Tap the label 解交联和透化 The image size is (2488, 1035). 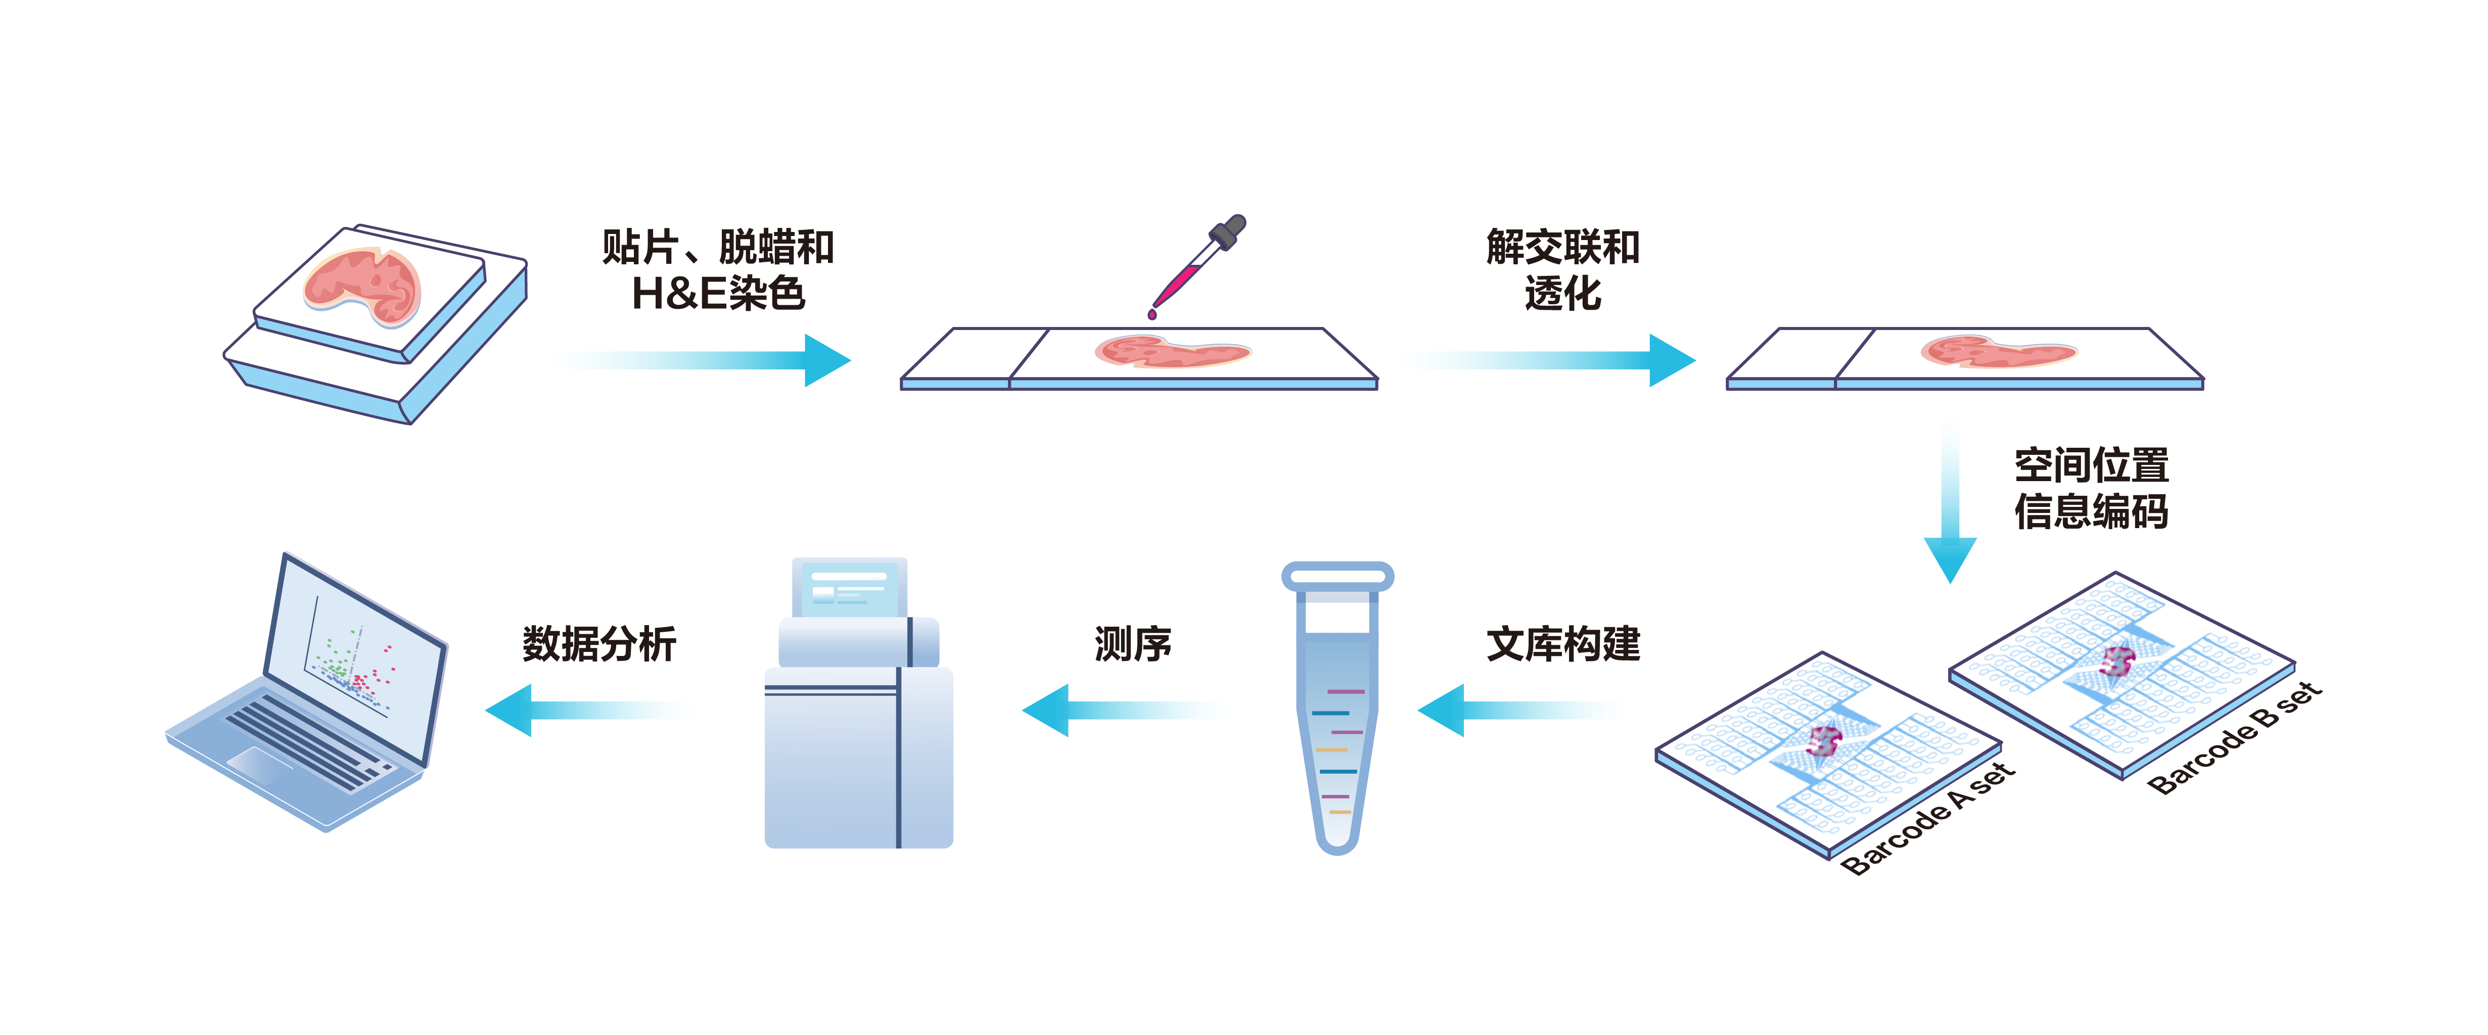tap(1563, 270)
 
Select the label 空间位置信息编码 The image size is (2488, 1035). tap(2091, 489)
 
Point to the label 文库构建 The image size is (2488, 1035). tap(1563, 644)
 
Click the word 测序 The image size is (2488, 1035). tap(1133, 644)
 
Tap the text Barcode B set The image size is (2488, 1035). tap(2234, 738)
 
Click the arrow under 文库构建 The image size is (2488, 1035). tap(1516, 711)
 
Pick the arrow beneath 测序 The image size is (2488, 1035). tap(1120, 711)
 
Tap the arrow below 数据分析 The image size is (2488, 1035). tap(584, 711)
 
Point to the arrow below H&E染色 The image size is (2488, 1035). tap(705, 360)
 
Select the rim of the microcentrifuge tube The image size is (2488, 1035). tap(1338, 577)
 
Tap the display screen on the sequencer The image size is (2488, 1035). tap(849, 587)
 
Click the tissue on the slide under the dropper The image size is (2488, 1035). tap(1172, 351)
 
